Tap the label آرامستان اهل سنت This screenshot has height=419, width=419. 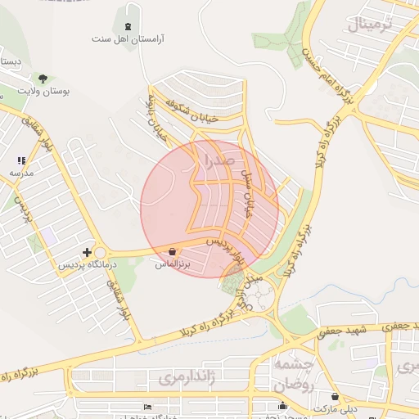pos(127,38)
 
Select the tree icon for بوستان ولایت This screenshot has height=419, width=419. pos(43,79)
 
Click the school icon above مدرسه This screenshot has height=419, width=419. pos(21,161)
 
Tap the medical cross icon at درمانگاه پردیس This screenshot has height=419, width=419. pos(87,253)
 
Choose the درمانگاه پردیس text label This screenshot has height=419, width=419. pos(87,266)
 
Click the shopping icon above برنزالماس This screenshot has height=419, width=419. pos(172,251)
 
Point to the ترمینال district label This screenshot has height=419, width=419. pos(369,25)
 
